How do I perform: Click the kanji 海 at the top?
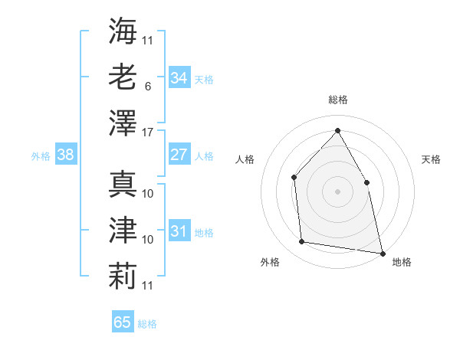[x=123, y=30]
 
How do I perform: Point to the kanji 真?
[x=123, y=184]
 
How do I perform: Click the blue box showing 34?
[x=179, y=78]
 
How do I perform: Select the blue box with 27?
[x=179, y=155]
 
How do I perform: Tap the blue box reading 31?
[x=179, y=231]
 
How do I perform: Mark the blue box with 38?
[x=66, y=155]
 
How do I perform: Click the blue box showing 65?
[x=123, y=322]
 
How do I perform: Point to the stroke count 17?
[x=148, y=133]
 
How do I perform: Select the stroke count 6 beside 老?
[x=147, y=87]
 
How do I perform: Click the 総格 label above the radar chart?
[x=338, y=100]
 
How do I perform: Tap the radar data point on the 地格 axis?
[x=382, y=252]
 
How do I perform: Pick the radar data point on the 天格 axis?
[x=366, y=182]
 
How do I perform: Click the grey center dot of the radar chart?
[x=337, y=191]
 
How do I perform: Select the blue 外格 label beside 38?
[x=41, y=156]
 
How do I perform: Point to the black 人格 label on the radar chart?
[x=245, y=159]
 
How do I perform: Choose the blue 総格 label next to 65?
[x=147, y=324]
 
